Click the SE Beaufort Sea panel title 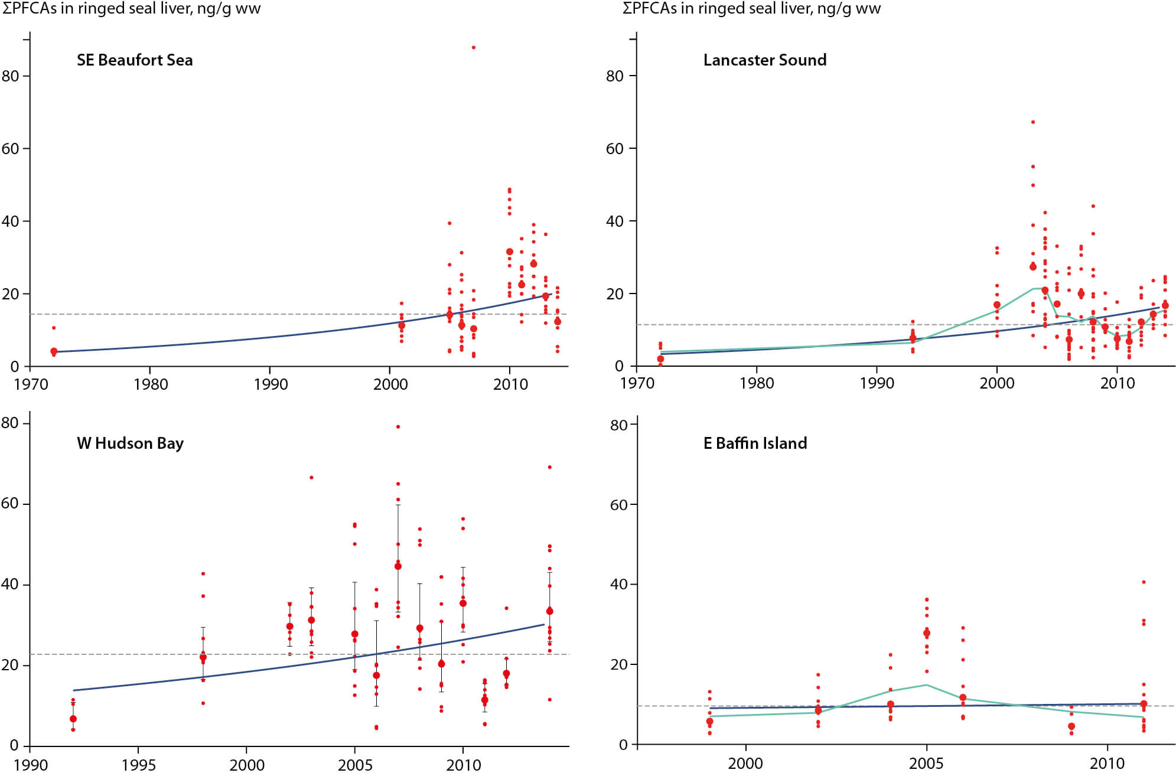135,60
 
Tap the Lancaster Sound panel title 764,60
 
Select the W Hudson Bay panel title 130,443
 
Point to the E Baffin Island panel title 755,443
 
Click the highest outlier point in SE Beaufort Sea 474,47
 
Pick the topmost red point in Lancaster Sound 1033,122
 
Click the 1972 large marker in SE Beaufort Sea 54,351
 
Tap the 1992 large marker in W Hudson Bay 73,719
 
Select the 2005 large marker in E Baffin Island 927,633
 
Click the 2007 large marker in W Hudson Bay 398,566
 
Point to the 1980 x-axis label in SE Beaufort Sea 151,384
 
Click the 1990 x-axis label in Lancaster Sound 877,383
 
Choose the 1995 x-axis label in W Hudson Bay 138,765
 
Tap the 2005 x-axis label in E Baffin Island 926,764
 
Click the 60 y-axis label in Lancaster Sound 615,149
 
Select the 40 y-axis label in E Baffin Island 618,584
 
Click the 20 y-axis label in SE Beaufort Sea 10,294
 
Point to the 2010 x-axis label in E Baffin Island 1107,764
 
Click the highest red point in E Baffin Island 1144,582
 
